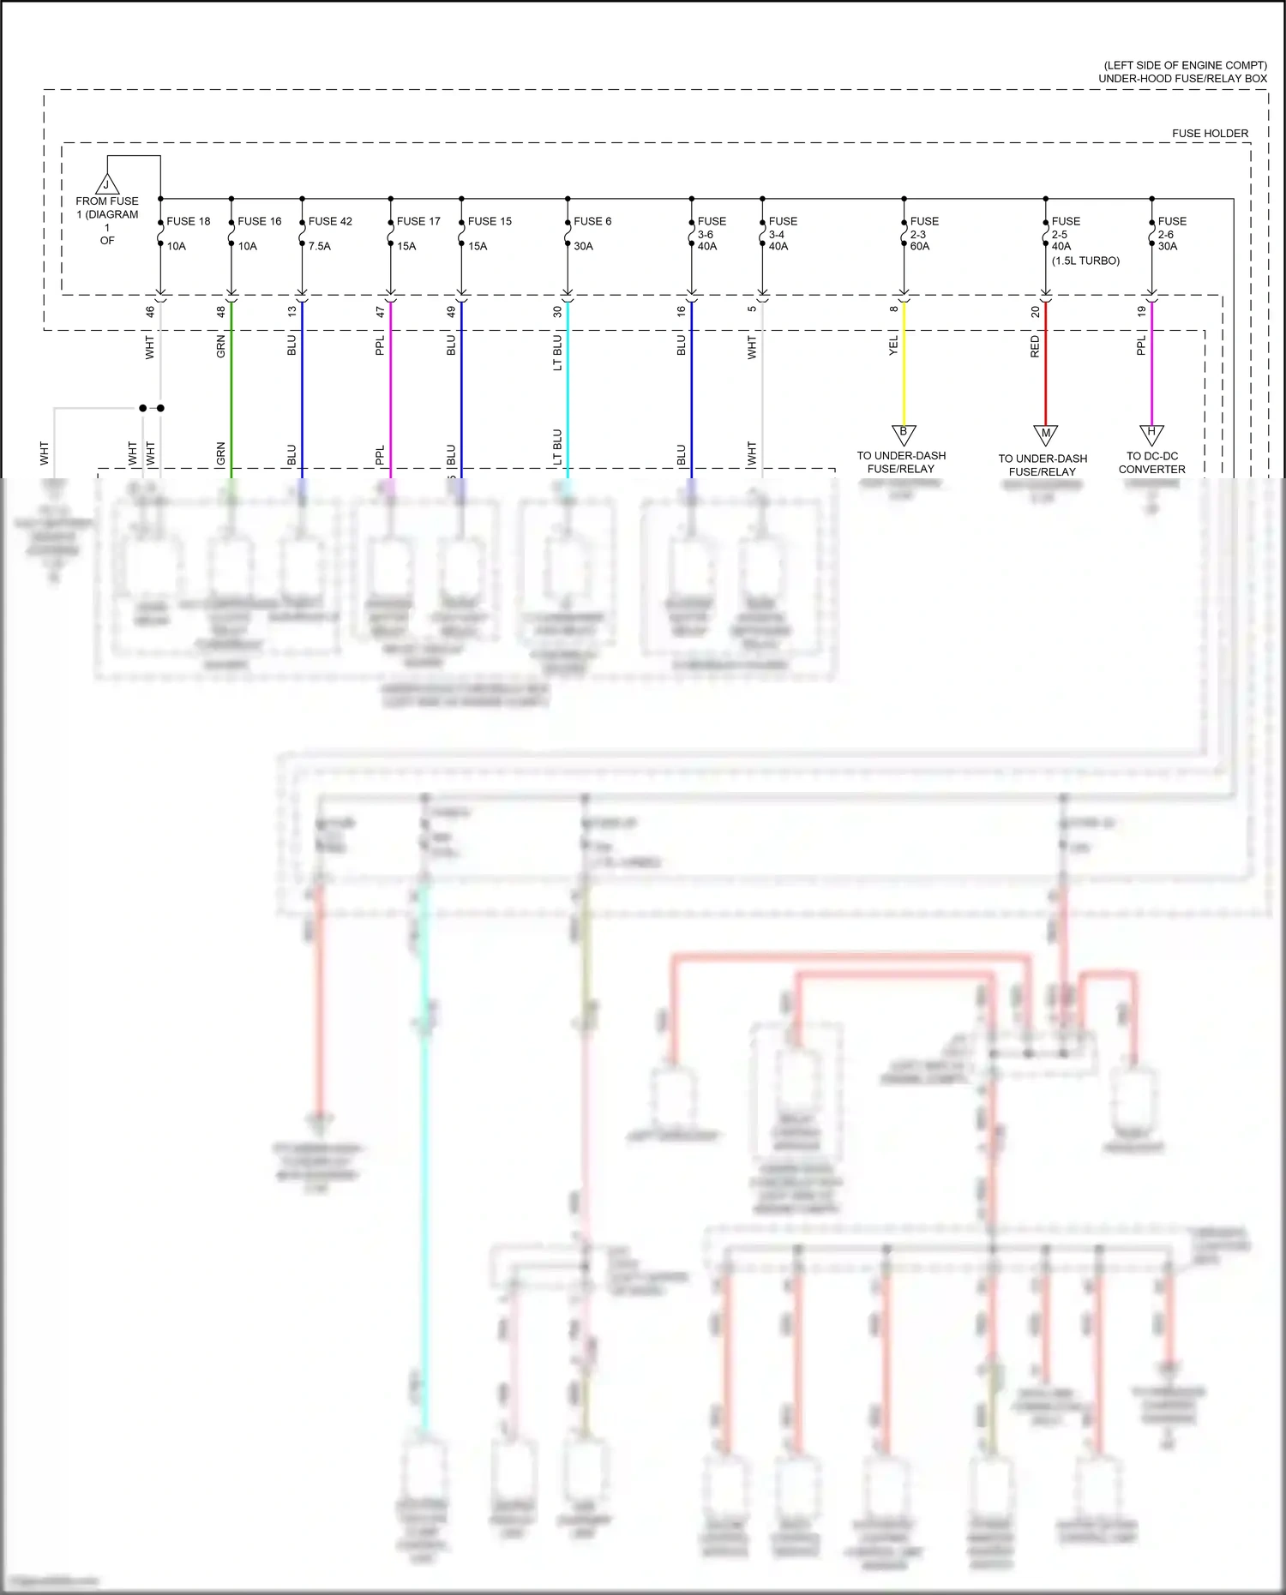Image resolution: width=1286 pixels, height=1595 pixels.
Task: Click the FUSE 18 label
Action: click(188, 221)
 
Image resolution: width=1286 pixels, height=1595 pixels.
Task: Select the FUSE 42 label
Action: click(330, 221)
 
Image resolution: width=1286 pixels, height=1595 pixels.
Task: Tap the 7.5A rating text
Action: click(320, 246)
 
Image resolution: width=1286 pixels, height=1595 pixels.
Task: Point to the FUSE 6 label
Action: click(592, 221)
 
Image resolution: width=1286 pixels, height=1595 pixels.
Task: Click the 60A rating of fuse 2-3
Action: click(920, 246)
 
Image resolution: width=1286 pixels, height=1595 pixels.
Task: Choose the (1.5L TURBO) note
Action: click(1085, 261)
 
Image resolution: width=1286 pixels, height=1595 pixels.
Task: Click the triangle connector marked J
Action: click(106, 184)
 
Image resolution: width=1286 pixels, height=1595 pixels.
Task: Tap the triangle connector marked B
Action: click(903, 434)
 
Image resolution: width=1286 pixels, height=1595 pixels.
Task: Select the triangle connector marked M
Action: click(1045, 435)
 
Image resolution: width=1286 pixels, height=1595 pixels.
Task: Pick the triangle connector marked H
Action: click(1151, 434)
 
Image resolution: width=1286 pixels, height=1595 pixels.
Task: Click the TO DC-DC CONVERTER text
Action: click(1151, 463)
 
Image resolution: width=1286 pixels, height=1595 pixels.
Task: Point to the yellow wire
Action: click(904, 369)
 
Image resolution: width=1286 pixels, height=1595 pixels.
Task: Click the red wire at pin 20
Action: click(1045, 369)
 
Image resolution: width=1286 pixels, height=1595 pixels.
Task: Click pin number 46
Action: click(150, 312)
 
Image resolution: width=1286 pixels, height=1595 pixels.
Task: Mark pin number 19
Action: click(1141, 312)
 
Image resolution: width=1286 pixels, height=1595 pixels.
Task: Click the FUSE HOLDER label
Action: click(1210, 134)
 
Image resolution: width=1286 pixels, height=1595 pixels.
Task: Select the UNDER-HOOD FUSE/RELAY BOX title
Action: click(1182, 78)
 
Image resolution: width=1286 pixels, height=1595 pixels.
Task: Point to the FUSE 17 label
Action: click(418, 221)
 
